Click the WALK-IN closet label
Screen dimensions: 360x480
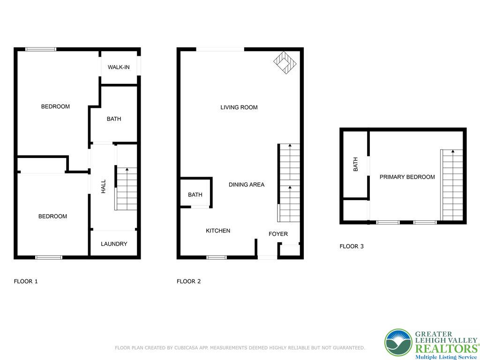click(119, 67)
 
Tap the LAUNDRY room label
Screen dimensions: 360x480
click(114, 244)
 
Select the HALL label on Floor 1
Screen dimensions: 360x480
click(104, 187)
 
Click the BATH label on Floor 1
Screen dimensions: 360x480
click(114, 119)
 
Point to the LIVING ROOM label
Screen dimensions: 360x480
click(239, 107)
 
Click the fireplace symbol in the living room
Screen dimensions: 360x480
click(285, 62)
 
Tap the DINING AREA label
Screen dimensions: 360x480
click(247, 185)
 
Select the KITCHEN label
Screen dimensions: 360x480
click(218, 231)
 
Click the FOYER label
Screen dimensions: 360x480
click(278, 234)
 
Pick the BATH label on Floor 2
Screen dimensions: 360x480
click(195, 195)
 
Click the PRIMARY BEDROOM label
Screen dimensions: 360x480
click(407, 177)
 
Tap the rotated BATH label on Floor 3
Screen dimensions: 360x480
click(355, 164)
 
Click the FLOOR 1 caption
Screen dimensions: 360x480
click(26, 281)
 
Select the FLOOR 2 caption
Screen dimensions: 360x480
click(189, 281)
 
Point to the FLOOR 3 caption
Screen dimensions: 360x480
click(352, 246)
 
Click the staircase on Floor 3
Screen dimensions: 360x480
click(452, 185)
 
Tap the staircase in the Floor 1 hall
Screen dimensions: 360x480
click(126, 189)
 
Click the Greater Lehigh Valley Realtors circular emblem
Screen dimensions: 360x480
click(398, 343)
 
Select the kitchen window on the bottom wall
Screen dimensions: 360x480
click(217, 257)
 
